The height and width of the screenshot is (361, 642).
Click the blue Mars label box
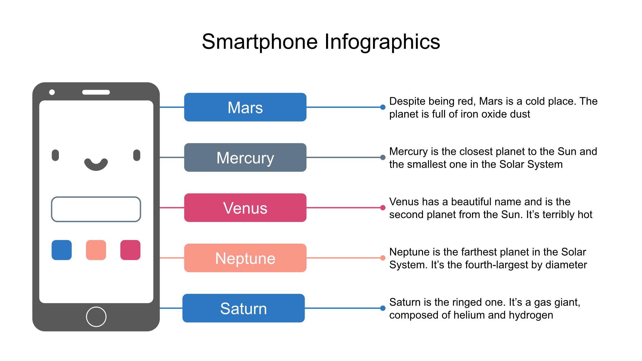245,107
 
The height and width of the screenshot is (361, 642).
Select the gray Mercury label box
245,157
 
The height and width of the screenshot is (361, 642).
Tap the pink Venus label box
245,207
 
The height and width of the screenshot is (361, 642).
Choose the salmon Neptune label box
245,258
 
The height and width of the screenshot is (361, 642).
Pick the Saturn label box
243,308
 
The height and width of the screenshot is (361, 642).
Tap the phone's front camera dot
52,92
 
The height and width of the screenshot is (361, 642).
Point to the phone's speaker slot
96,92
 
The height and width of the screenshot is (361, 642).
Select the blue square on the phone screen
62,250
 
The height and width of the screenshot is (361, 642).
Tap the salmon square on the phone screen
96,250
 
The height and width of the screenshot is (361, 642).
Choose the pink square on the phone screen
130,250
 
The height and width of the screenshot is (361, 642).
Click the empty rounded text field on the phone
96,197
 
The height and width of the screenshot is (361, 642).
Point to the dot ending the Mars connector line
383,107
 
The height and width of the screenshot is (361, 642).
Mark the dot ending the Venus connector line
383,207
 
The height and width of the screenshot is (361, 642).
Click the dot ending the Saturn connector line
383,308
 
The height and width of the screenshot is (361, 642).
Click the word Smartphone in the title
260,42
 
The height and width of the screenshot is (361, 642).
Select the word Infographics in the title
382,42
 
